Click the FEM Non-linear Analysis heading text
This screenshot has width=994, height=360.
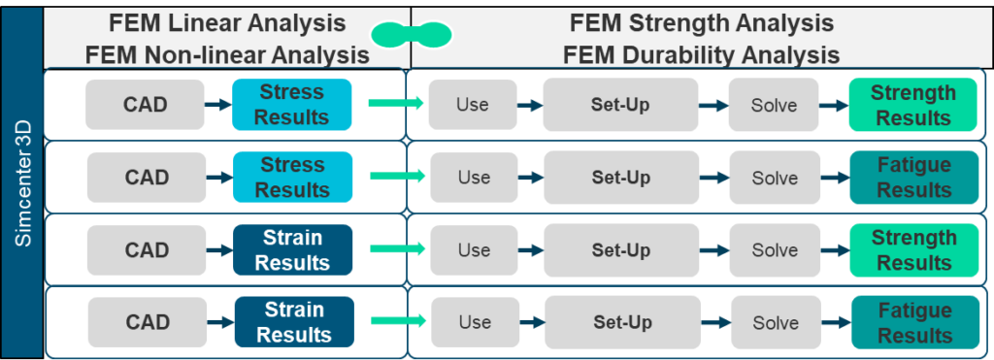point(227,54)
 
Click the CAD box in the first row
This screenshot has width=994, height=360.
point(146,105)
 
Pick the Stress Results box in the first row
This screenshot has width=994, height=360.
point(292,105)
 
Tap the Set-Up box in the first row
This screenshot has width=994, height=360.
point(619,105)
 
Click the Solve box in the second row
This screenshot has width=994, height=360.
point(774,178)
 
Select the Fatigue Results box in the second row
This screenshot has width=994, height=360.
point(913,178)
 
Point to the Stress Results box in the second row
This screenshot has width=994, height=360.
point(292,178)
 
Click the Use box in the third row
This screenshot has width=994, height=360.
point(474,250)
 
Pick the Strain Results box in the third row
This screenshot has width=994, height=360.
point(292,250)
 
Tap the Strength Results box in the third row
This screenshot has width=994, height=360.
point(912,250)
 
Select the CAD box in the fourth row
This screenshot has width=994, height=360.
point(148,322)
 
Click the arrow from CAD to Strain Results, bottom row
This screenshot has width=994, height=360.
point(219,322)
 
